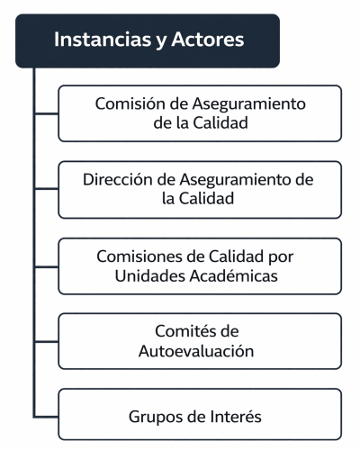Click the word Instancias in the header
[103, 40]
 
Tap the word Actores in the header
[208, 40]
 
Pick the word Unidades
[150, 275]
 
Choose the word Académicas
[234, 275]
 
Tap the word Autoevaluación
[196, 351]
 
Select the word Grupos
[156, 418]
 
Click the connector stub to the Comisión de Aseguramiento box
[47, 113]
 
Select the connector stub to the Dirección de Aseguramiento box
[47, 189]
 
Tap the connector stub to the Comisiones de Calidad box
[47, 266]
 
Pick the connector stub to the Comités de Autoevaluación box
[47, 341]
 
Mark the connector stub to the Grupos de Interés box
[47, 417]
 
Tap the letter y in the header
[161, 41]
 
